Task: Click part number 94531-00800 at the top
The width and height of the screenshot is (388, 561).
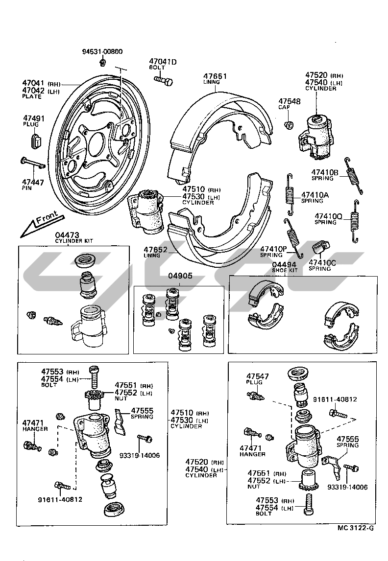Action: (102, 51)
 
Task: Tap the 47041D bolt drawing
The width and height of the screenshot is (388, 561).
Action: (164, 79)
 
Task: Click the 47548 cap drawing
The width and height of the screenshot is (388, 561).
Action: (290, 125)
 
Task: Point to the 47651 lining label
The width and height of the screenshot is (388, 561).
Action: (215, 76)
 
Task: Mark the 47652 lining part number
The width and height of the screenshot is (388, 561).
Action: (156, 250)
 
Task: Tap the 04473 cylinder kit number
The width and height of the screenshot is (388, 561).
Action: (67, 235)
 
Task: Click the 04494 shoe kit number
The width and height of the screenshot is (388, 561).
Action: (285, 264)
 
